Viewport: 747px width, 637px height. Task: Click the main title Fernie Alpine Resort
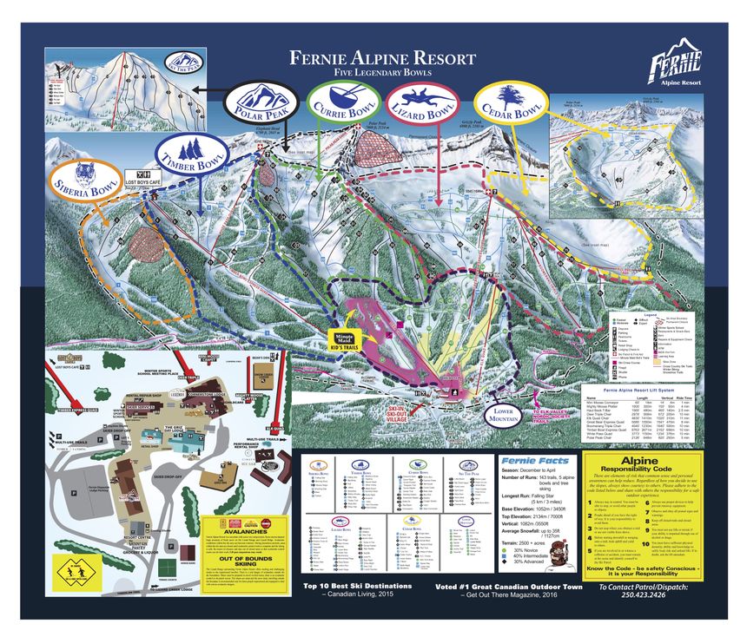tap(382, 59)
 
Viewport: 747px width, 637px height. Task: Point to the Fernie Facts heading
tap(536, 461)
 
